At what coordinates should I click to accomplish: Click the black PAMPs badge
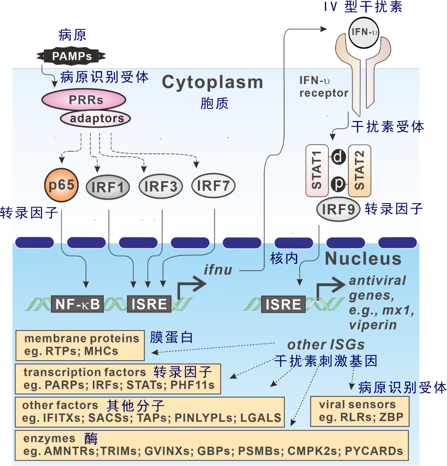[x=72, y=56]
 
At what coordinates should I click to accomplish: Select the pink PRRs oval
[x=84, y=100]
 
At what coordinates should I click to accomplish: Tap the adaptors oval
[x=95, y=119]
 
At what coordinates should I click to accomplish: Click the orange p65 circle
[x=61, y=185]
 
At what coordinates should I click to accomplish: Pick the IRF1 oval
[x=108, y=187]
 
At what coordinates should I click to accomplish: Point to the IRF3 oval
[x=161, y=187]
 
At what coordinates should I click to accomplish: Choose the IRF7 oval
[x=213, y=186]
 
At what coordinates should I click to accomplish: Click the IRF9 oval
[x=338, y=209]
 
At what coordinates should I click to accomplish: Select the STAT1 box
[x=317, y=170]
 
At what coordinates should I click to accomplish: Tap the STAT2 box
[x=359, y=170]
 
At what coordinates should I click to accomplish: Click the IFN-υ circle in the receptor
[x=363, y=32]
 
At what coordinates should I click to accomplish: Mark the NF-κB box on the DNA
[x=77, y=304]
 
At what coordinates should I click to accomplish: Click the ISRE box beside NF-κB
[x=149, y=304]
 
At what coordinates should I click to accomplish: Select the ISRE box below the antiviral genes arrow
[x=283, y=304]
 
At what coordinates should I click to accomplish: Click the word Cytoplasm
[x=212, y=82]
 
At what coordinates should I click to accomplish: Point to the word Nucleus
[x=363, y=259]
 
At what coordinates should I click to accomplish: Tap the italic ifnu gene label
[x=218, y=269]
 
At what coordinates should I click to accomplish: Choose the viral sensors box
[x=360, y=411]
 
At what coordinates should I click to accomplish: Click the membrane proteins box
[x=80, y=345]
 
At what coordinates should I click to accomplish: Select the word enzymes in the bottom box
[x=49, y=438]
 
